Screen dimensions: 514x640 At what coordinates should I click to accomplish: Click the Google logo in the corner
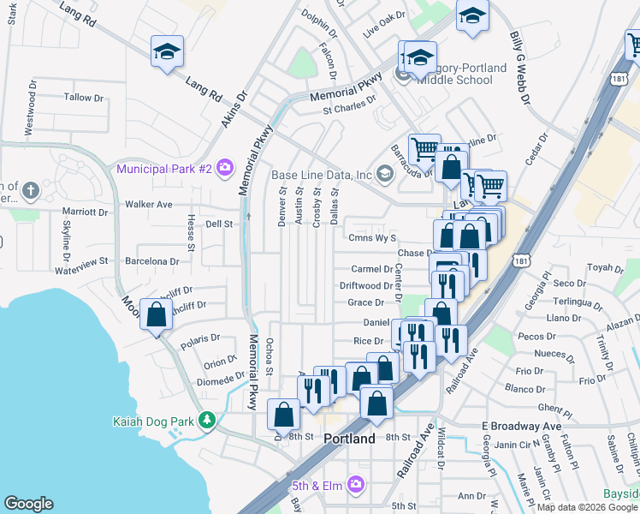tap(29, 504)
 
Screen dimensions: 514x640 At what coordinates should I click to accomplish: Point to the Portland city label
tap(350, 439)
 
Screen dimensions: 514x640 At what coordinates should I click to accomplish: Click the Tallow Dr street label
tap(83, 98)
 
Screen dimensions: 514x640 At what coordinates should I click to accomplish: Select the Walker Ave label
tap(149, 205)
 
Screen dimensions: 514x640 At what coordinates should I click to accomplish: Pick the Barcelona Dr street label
tap(150, 261)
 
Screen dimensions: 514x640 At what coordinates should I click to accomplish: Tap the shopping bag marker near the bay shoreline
tap(156, 315)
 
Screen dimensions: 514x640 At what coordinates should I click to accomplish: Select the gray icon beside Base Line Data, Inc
tap(384, 176)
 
